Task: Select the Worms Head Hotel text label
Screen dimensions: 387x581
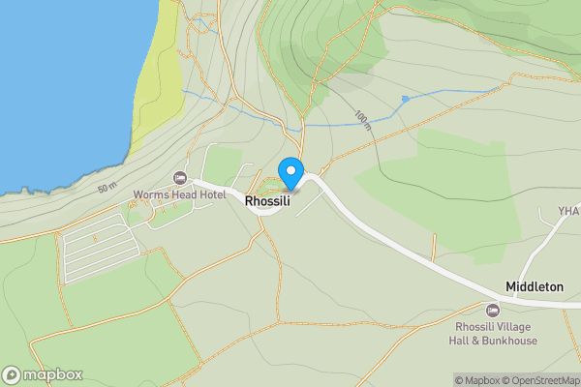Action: pyautogui.click(x=179, y=195)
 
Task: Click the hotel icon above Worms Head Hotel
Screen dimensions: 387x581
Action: pyautogui.click(x=179, y=178)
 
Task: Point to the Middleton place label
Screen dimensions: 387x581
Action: pyautogui.click(x=534, y=287)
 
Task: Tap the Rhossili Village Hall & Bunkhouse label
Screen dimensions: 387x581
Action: pyautogui.click(x=492, y=334)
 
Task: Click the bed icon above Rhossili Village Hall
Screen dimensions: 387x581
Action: pyautogui.click(x=492, y=310)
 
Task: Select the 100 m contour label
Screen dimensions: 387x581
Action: pyautogui.click(x=362, y=119)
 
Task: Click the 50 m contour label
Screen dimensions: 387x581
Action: pyautogui.click(x=107, y=186)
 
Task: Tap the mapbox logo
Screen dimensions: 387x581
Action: pyautogui.click(x=43, y=375)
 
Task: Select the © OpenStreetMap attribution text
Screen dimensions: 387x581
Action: pyautogui.click(x=543, y=380)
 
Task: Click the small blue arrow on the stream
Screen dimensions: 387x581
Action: pyautogui.click(x=405, y=99)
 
